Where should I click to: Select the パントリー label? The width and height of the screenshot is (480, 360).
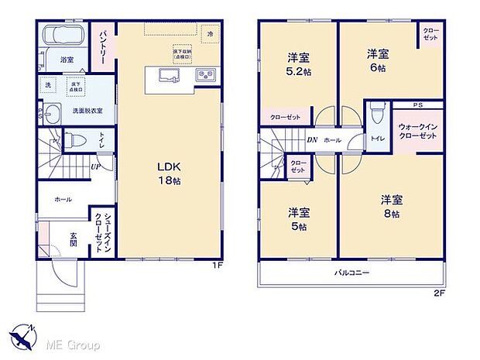point(101,47)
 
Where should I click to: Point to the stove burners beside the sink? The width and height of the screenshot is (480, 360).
point(207,76)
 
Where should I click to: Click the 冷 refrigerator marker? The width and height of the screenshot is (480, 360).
point(208,34)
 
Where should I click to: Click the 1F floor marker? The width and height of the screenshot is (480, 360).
point(218,266)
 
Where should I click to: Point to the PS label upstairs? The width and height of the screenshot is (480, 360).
point(417,105)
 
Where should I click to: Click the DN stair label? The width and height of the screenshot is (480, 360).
point(311,140)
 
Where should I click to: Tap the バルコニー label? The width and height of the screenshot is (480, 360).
point(351,273)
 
